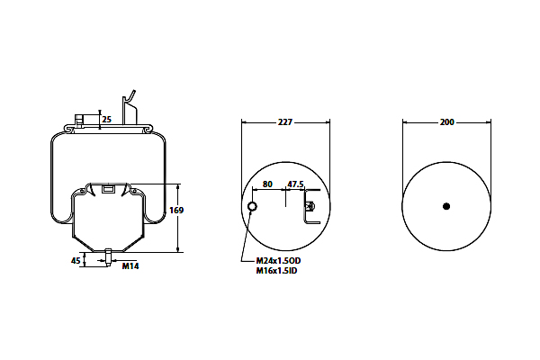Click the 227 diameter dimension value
[x=285, y=122]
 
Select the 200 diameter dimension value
[x=446, y=122]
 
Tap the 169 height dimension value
[x=176, y=210]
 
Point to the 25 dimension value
[x=107, y=120]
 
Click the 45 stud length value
[x=76, y=261]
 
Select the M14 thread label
[x=130, y=266]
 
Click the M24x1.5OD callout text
[x=278, y=261]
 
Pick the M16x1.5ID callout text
[x=276, y=271]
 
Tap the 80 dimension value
[x=267, y=184]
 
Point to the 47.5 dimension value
[x=296, y=184]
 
